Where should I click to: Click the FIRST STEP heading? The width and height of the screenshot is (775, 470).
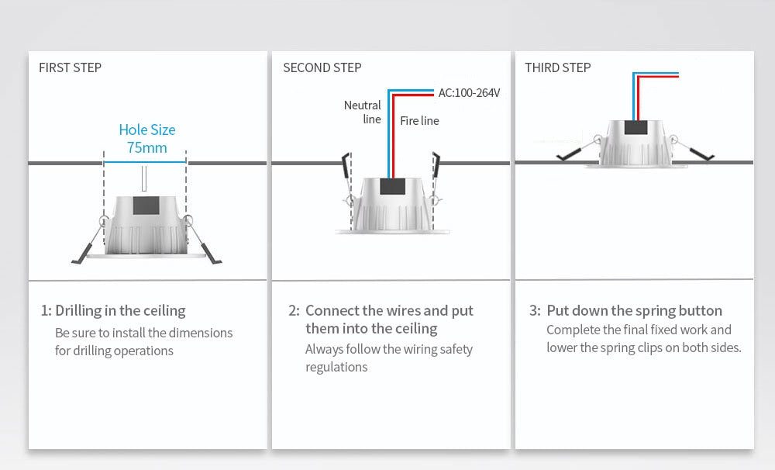point(70,67)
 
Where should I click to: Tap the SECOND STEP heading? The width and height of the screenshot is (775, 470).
point(322,67)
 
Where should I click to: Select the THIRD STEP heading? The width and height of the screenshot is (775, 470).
point(557,67)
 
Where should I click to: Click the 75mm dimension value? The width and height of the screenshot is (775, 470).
point(146,147)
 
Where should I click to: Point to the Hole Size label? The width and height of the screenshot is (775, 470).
point(146,130)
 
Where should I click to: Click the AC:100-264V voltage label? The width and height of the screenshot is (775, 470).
point(469,93)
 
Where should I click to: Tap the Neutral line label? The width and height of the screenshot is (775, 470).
point(363,112)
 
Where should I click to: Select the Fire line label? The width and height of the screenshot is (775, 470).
point(419,120)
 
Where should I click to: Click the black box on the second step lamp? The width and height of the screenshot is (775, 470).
point(391,187)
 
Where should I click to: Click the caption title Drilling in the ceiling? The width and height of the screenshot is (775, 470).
point(120,311)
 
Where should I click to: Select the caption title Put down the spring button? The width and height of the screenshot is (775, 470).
point(634,311)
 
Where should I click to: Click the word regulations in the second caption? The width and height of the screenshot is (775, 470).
point(336,367)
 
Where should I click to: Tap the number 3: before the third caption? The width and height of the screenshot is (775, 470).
point(535,311)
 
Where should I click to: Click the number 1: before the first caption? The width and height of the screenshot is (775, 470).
point(46,311)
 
